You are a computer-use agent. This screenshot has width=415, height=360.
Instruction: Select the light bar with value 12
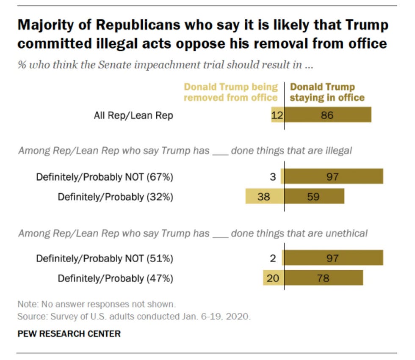tap(278, 115)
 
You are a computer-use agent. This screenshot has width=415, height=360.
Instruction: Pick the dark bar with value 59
tap(314, 196)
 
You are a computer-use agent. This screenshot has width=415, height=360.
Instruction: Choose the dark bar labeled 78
tap(324, 278)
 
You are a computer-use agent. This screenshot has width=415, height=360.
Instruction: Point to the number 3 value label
tap(273, 176)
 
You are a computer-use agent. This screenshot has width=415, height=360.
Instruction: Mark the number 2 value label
tap(273, 258)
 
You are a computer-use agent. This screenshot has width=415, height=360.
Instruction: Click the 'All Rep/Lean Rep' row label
tap(133, 115)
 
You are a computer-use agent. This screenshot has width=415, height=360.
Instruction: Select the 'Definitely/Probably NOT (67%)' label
tap(105, 177)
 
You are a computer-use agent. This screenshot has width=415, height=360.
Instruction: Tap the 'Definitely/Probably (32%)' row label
tap(115, 197)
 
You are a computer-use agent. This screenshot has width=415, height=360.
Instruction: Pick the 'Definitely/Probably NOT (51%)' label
tap(105, 258)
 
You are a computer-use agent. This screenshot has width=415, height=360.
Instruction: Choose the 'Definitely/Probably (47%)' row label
tap(115, 278)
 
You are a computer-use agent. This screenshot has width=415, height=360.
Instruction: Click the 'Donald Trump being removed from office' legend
tap(231, 92)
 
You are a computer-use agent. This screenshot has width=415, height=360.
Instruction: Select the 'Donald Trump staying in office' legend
tap(327, 92)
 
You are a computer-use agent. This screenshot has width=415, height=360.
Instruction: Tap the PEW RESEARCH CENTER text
tap(69, 334)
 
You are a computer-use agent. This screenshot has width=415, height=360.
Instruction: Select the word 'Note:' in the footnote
tap(27, 304)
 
